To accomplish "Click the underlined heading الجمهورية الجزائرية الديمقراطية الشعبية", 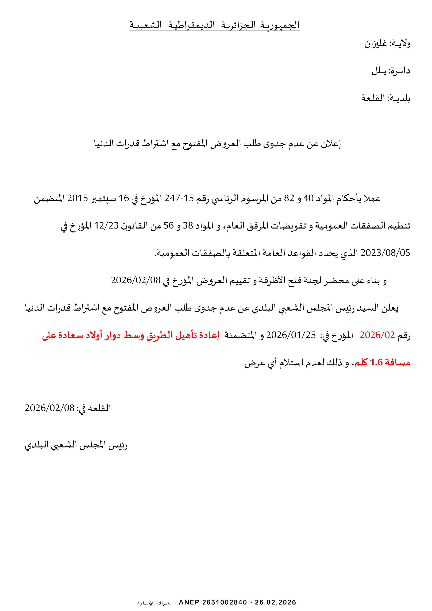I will (214, 25).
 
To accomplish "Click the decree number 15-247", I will (179, 198).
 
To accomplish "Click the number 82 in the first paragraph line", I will (289, 198).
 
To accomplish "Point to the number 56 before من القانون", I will (168, 226).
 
